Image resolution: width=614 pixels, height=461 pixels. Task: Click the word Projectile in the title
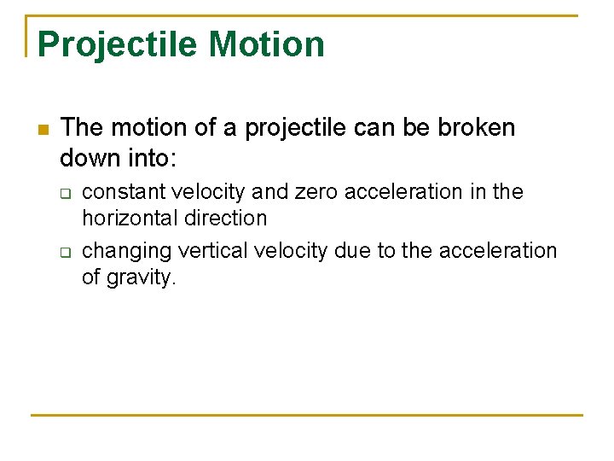coord(118,44)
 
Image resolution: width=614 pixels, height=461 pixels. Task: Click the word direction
coord(228,218)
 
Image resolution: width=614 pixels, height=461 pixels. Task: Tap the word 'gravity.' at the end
coord(141,278)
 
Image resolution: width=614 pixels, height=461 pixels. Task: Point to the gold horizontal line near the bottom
coord(307,416)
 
